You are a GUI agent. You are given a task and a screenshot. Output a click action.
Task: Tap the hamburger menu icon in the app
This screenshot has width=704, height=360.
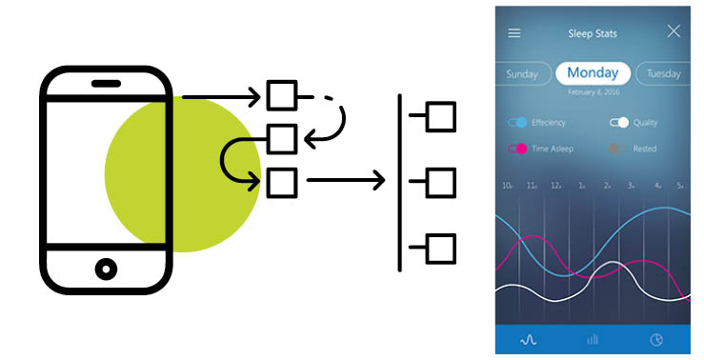coord(514,32)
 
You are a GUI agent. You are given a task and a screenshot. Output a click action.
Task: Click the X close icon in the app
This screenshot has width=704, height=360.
coord(674,31)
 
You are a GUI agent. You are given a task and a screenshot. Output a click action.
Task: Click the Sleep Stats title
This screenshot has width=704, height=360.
coord(593,33)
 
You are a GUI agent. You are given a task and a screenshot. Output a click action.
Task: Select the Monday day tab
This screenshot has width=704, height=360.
coord(593,72)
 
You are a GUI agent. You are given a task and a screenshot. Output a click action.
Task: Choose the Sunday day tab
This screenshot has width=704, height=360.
coord(522,73)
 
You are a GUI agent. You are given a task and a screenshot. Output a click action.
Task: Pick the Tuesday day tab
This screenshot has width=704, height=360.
coord(663,73)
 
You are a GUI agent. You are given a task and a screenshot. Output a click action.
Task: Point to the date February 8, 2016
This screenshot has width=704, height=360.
coord(593,91)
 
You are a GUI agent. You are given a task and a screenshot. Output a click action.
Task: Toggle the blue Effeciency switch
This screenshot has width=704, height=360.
coord(518,123)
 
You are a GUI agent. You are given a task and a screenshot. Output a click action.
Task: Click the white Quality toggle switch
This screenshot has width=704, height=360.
coord(619,123)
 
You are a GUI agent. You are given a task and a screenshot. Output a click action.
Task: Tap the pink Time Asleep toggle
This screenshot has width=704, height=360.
coord(518,149)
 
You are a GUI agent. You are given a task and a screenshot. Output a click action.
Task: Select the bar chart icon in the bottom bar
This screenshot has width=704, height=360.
coord(592,338)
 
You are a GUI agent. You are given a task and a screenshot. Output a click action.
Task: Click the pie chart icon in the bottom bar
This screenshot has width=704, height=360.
coord(656,338)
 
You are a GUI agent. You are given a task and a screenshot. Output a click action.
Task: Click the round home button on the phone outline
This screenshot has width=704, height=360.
coord(106,269)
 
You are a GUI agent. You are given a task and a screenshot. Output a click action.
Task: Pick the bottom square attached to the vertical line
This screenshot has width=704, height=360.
coord(440,249)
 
